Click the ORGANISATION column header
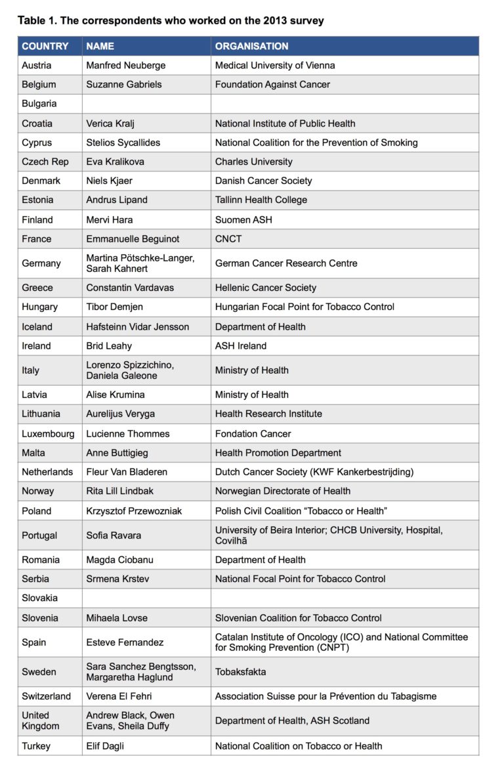click(251, 46)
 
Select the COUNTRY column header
click(45, 46)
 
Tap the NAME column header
click(100, 46)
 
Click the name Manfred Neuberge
click(126, 65)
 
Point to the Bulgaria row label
click(39, 104)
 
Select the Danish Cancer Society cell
click(263, 181)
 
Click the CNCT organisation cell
click(228, 238)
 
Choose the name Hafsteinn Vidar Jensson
click(137, 326)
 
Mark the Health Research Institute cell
click(268, 414)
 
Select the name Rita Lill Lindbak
click(123, 491)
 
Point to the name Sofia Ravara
click(114, 535)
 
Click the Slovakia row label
click(39, 598)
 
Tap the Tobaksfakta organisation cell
click(241, 672)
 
